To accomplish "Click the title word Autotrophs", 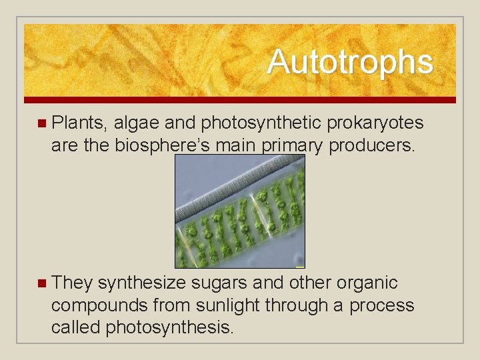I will (x=350, y=62).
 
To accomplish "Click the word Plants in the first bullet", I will (x=79, y=123).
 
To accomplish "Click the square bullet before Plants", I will (x=42, y=123).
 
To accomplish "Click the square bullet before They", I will (x=42, y=283).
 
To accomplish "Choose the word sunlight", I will (x=225, y=305).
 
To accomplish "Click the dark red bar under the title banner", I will (x=240, y=100).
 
